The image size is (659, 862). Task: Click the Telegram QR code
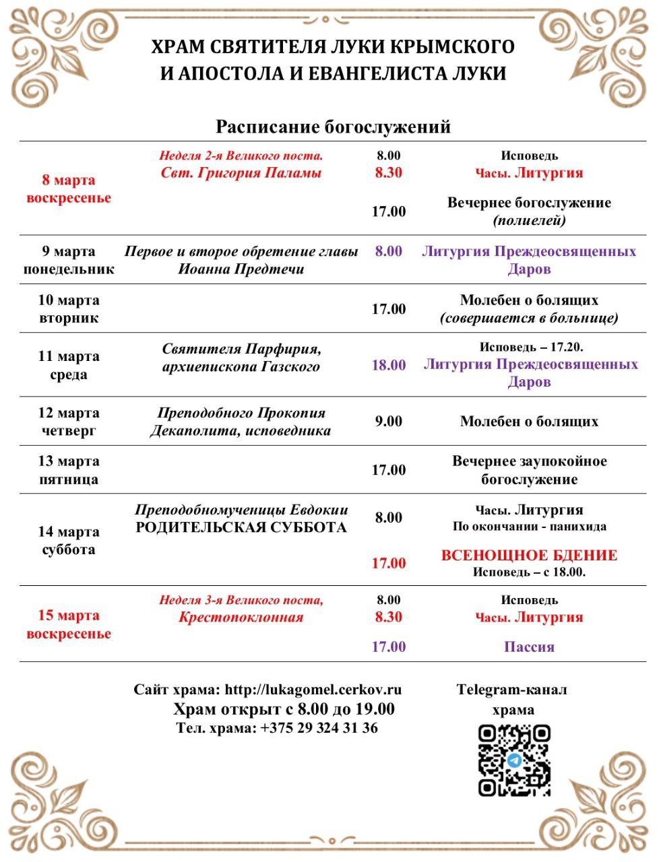(514, 760)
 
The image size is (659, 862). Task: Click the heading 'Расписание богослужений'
(333, 127)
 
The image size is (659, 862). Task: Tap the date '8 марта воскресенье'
(69, 189)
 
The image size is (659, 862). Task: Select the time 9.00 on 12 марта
(388, 422)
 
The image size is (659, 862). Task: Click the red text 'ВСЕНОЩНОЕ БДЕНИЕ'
(529, 556)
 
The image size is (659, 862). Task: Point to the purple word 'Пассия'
(529, 647)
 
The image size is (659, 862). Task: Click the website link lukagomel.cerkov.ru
(313, 690)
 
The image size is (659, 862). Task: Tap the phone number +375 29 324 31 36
(319, 728)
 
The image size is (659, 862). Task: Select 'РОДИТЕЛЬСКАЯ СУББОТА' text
(241, 527)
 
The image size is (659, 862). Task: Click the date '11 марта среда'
(69, 366)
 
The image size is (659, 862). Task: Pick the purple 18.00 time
(389, 365)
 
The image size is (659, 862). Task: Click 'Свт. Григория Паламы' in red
(241, 173)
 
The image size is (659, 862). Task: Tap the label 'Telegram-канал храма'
(512, 699)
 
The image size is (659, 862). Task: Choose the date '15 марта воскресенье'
(69, 624)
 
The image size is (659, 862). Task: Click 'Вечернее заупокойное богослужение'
(529, 470)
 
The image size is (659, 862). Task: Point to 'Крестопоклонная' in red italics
(241, 618)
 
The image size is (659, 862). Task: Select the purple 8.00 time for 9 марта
(388, 251)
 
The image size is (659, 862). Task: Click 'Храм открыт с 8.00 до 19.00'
(284, 709)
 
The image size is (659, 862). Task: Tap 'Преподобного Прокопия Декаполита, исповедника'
(241, 422)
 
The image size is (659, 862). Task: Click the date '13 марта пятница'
(69, 470)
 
